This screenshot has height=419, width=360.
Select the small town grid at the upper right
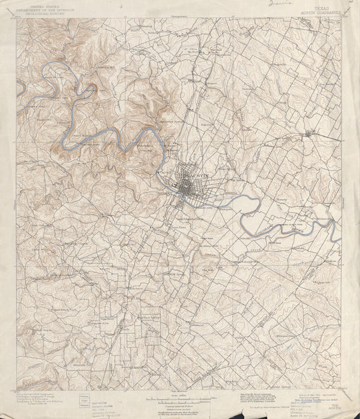(x=308, y=135)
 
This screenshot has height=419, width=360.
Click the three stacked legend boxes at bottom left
(x=84, y=400)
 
